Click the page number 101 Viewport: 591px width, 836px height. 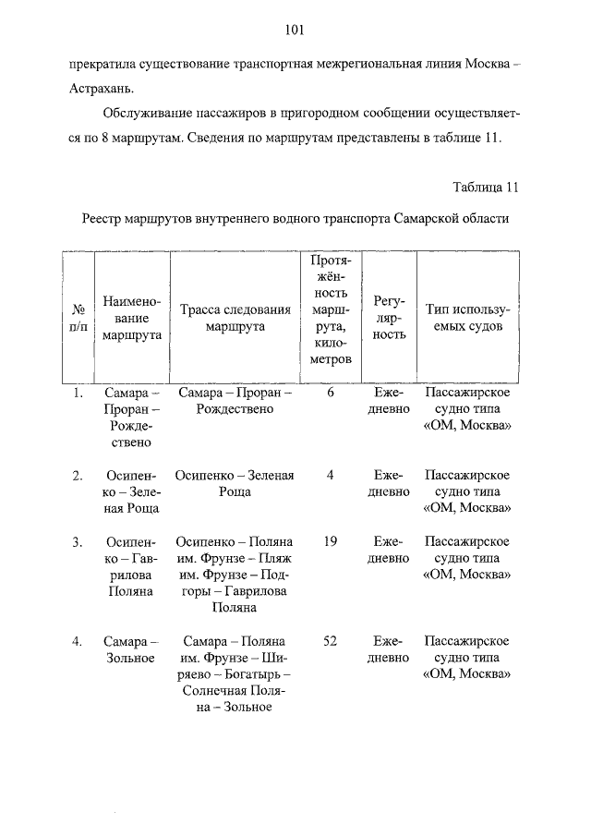click(x=295, y=30)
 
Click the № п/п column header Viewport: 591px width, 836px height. click(x=78, y=319)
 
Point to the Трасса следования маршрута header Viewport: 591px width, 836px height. click(x=235, y=319)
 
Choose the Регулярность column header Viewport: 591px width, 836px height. click(x=389, y=319)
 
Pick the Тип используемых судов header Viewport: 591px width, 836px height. click(x=467, y=319)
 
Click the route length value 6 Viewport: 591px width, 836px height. click(x=330, y=393)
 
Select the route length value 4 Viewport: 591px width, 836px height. click(x=330, y=475)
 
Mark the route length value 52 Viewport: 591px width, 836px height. click(x=330, y=640)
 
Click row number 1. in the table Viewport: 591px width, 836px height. click(x=78, y=393)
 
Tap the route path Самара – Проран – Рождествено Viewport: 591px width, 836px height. click(x=235, y=401)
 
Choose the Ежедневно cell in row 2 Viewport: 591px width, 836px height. click(x=389, y=483)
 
